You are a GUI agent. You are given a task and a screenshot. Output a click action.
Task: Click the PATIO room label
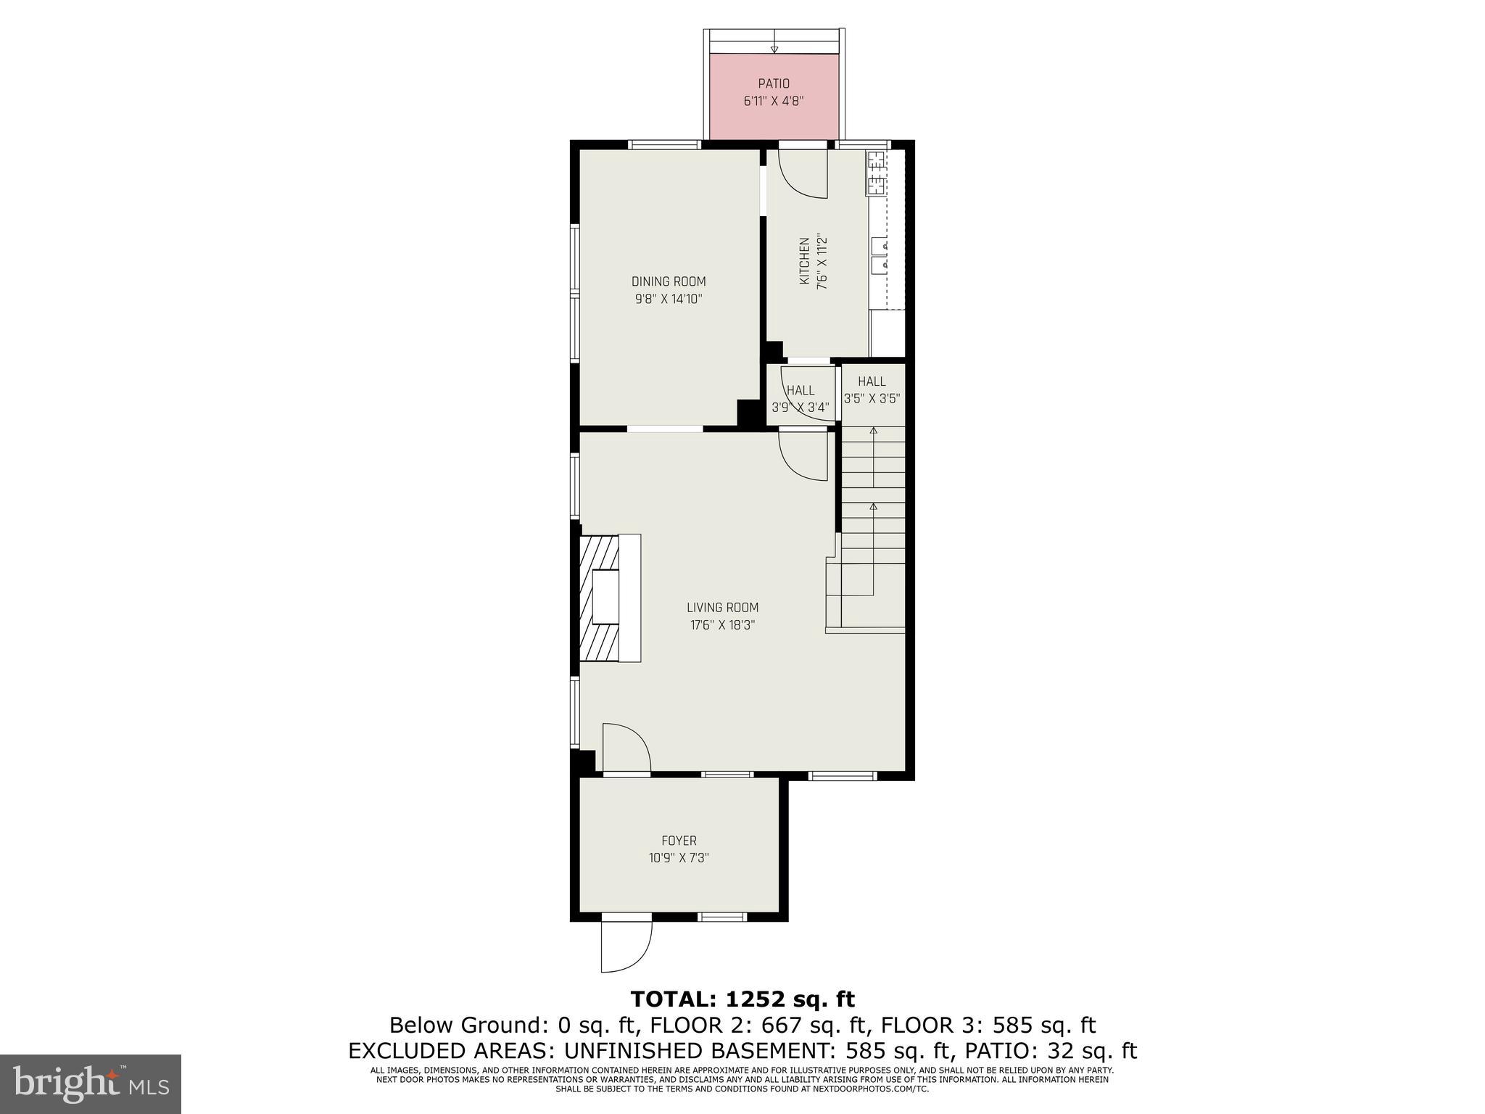click(774, 84)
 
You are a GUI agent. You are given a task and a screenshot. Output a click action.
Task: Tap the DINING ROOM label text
click(668, 281)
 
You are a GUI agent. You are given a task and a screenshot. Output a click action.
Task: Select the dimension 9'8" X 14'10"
click(668, 299)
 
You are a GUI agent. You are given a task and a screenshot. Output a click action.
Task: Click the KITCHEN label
click(804, 261)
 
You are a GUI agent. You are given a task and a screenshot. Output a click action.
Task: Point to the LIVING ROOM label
click(722, 608)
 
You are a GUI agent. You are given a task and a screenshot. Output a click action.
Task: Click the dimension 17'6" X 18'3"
click(722, 625)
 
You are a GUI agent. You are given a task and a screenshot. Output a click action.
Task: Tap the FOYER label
click(679, 841)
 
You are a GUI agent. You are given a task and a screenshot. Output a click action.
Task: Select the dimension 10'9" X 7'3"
click(679, 858)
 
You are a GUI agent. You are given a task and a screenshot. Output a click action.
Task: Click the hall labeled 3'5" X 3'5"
click(872, 389)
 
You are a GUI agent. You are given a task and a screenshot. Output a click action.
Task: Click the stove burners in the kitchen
click(876, 174)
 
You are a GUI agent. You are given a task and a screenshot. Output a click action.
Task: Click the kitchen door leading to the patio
click(803, 173)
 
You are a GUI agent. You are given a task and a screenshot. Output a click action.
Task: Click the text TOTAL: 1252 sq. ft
click(742, 999)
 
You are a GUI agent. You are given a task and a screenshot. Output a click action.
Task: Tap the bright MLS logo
click(91, 1084)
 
